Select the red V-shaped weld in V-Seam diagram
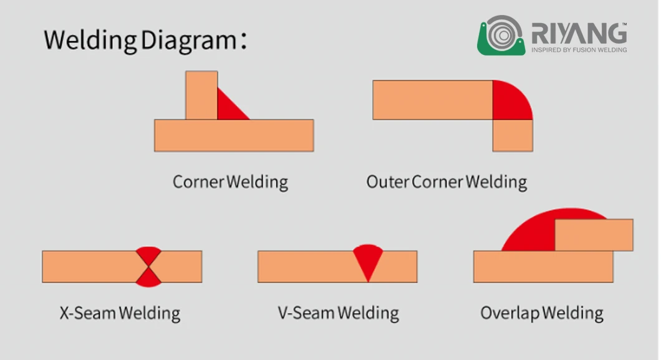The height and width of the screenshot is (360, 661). click(x=368, y=260)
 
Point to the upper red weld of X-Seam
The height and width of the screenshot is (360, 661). click(x=148, y=255)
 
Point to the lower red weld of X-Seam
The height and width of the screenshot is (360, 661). click(x=148, y=278)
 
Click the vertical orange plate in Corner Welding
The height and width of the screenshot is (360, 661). click(x=201, y=95)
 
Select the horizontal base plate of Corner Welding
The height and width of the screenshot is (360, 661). click(x=234, y=135)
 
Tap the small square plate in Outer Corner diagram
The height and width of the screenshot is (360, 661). click(x=513, y=135)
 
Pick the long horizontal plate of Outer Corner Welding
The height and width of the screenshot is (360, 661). click(x=433, y=100)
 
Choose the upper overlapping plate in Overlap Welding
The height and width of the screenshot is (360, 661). click(x=594, y=235)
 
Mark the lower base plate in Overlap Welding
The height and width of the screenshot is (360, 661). click(x=543, y=266)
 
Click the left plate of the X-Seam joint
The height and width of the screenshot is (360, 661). click(x=93, y=266)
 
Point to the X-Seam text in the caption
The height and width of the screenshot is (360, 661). click(x=88, y=313)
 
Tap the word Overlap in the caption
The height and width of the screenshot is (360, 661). click(x=509, y=313)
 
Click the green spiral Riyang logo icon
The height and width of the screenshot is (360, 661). click(x=501, y=36)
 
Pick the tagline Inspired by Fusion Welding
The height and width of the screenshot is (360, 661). click(x=579, y=50)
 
